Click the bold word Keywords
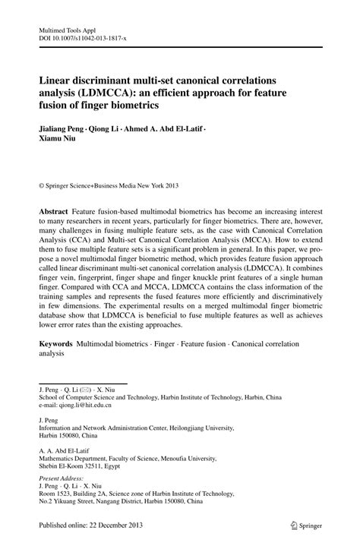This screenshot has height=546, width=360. (x=59, y=344)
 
